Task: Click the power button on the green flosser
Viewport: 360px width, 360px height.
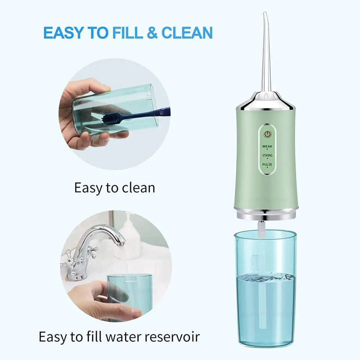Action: tap(267, 134)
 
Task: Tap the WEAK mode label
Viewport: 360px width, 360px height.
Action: tap(267, 146)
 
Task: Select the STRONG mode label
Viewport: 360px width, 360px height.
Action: tap(267, 155)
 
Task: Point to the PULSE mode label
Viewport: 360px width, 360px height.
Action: tap(267, 165)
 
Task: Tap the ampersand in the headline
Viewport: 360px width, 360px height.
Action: tap(152, 33)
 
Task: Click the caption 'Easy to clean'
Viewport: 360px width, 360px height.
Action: tap(114, 187)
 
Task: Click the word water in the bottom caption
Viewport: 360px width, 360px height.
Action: tap(121, 336)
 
